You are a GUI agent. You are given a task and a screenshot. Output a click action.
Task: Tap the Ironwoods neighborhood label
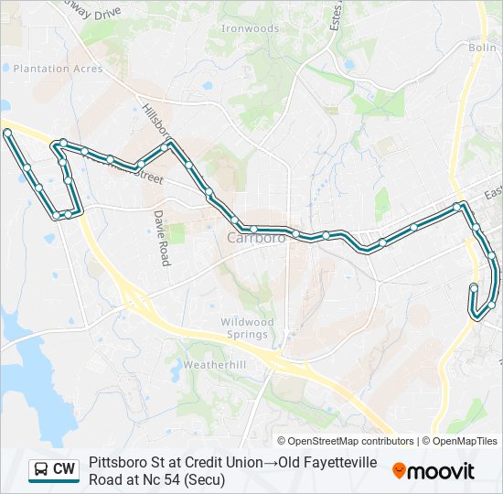click(x=250, y=29)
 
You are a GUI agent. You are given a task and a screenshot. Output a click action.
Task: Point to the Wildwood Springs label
click(x=247, y=328)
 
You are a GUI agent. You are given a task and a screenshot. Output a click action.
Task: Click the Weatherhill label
click(x=210, y=364)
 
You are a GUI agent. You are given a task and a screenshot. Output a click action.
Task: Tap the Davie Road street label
click(x=162, y=238)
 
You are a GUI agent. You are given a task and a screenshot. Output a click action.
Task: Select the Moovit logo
click(x=433, y=471)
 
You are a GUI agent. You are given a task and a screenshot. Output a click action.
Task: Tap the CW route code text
click(x=64, y=469)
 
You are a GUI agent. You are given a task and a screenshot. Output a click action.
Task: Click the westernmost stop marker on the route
click(x=7, y=134)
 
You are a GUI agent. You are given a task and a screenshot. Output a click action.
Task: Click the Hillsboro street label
click(x=155, y=119)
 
